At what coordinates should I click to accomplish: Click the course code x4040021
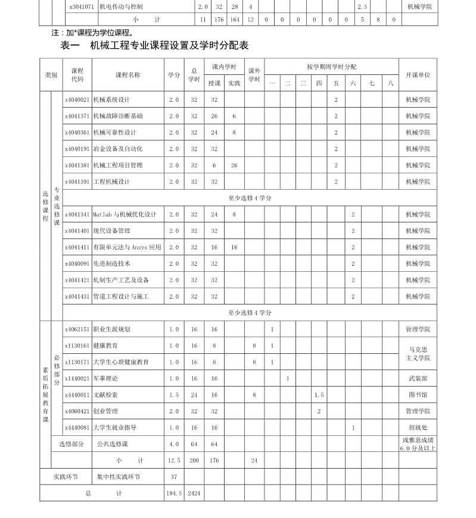[x=77, y=100]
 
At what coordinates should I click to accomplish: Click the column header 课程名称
[x=128, y=75]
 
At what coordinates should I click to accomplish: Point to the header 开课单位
[x=418, y=75]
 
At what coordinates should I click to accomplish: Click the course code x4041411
[x=77, y=247]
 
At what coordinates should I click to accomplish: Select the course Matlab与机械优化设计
[x=125, y=214]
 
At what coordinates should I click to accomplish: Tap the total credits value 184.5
[x=173, y=493]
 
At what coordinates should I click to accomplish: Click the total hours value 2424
[x=194, y=493]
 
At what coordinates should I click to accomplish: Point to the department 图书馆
[x=418, y=394]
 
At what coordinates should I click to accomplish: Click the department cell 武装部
[x=418, y=378]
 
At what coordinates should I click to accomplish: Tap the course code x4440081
[x=77, y=427]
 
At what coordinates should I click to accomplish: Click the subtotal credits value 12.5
[x=173, y=460]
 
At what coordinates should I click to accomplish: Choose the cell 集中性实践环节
[x=119, y=476]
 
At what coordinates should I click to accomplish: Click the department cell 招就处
[x=418, y=427]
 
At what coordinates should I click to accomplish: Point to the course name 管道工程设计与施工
[x=121, y=296]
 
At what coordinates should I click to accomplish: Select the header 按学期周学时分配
[x=331, y=67]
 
